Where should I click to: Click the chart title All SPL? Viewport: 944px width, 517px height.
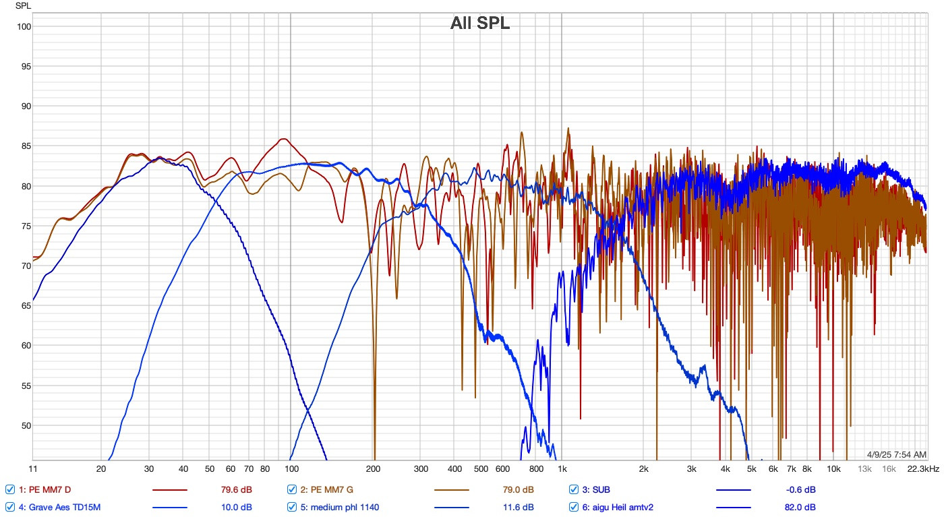point(480,24)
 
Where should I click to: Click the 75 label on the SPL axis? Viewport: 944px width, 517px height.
point(25,226)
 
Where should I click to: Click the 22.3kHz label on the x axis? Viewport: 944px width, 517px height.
point(923,468)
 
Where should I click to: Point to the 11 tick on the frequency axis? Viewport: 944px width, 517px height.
point(33,468)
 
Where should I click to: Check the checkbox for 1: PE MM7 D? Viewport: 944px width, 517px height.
point(10,489)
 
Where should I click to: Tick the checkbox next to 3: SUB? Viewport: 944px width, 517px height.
point(574,489)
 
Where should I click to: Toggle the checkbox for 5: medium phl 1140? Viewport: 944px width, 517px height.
point(292,507)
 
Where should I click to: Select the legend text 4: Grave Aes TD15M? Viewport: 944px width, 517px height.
point(61,507)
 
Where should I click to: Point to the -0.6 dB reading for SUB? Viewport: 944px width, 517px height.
point(800,489)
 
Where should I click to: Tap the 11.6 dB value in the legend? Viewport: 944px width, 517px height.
point(519,507)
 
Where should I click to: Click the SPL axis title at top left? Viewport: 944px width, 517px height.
point(24,7)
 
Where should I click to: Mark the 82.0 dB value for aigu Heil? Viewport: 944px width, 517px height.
point(800,507)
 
